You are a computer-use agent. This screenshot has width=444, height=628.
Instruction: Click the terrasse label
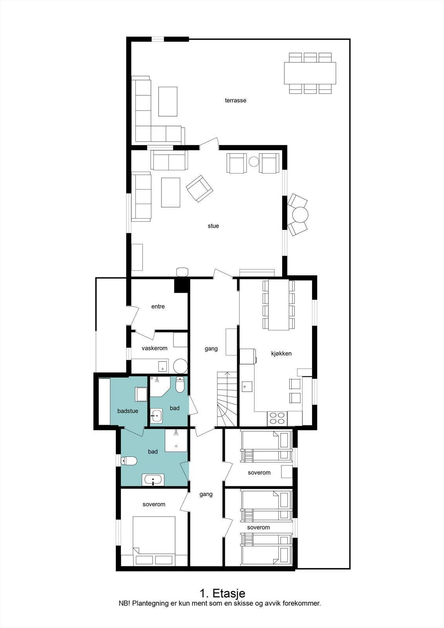click(236, 100)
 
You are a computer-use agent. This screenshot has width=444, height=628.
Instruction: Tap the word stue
click(213, 226)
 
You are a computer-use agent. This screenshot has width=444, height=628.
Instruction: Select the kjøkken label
click(281, 354)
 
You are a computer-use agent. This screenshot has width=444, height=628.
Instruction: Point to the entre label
click(158, 307)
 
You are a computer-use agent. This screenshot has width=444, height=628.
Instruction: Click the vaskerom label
click(154, 348)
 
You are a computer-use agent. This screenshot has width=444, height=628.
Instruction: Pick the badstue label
click(128, 411)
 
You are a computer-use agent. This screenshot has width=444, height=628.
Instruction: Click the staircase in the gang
click(227, 399)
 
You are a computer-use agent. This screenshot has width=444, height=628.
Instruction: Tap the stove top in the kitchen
click(277, 418)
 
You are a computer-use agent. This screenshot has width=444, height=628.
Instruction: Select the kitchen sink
click(247, 386)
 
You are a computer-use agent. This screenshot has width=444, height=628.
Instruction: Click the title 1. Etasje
click(222, 593)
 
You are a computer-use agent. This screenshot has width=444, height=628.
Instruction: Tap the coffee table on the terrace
click(168, 101)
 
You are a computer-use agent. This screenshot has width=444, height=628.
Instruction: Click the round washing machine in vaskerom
click(180, 365)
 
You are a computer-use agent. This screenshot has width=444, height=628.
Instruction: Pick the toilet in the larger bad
click(129, 460)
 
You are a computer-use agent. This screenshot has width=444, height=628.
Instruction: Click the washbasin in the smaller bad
click(156, 415)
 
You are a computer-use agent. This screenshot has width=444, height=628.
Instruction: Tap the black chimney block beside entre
click(181, 285)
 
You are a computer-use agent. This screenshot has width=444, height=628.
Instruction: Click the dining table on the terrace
click(310, 73)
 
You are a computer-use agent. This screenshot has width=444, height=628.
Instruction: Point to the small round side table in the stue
click(254, 161)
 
